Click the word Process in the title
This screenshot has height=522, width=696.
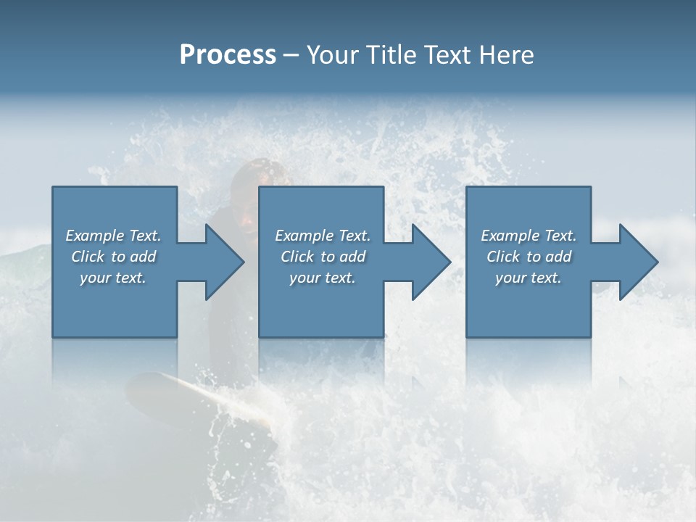coord(228,55)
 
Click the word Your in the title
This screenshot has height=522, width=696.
coord(331,55)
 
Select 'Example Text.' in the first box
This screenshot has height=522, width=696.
coord(113,236)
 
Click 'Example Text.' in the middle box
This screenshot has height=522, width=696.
coord(322,236)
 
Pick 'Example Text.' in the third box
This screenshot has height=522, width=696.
coord(529,236)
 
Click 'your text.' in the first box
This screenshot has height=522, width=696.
coord(113,278)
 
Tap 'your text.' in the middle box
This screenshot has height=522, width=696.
coord(322,278)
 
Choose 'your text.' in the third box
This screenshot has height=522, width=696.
coord(529,278)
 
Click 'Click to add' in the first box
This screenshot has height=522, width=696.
coord(113,257)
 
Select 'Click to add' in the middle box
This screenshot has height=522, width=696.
coord(322,257)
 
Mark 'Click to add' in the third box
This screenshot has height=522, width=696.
coord(529,257)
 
